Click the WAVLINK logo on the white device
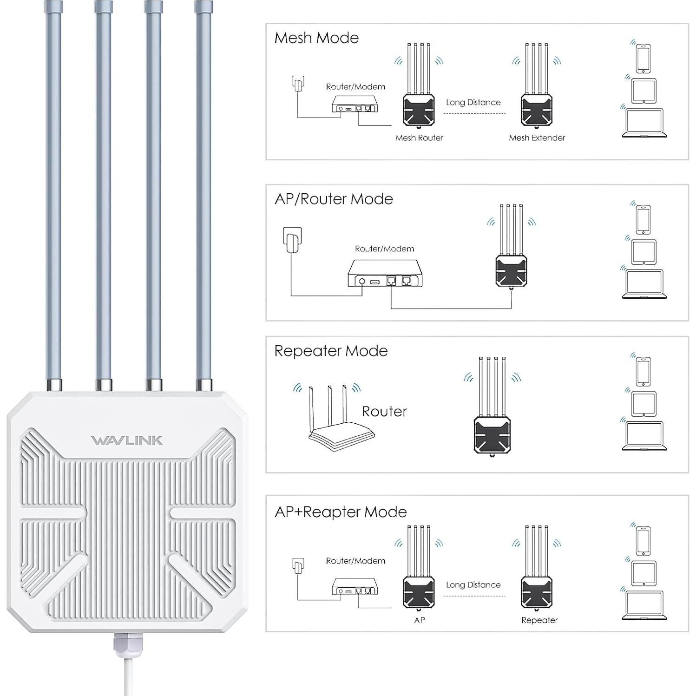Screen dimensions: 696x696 [127, 440]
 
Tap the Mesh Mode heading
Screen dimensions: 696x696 [316, 38]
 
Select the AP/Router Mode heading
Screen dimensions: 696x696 [334, 199]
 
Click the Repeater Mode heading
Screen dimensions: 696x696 [331, 351]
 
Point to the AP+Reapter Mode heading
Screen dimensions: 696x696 [341, 512]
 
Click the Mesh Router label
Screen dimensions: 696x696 [419, 138]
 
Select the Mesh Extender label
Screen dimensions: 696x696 [537, 138]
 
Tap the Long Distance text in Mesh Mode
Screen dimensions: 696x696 [473, 103]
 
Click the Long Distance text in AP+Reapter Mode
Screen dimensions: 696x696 [473, 585]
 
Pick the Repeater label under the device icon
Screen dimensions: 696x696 [539, 620]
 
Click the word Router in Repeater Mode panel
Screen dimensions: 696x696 [384, 412]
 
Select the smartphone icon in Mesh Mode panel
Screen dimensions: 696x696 [643, 59]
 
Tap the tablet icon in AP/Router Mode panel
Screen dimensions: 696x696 [643, 252]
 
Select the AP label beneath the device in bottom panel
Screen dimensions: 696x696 [419, 620]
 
